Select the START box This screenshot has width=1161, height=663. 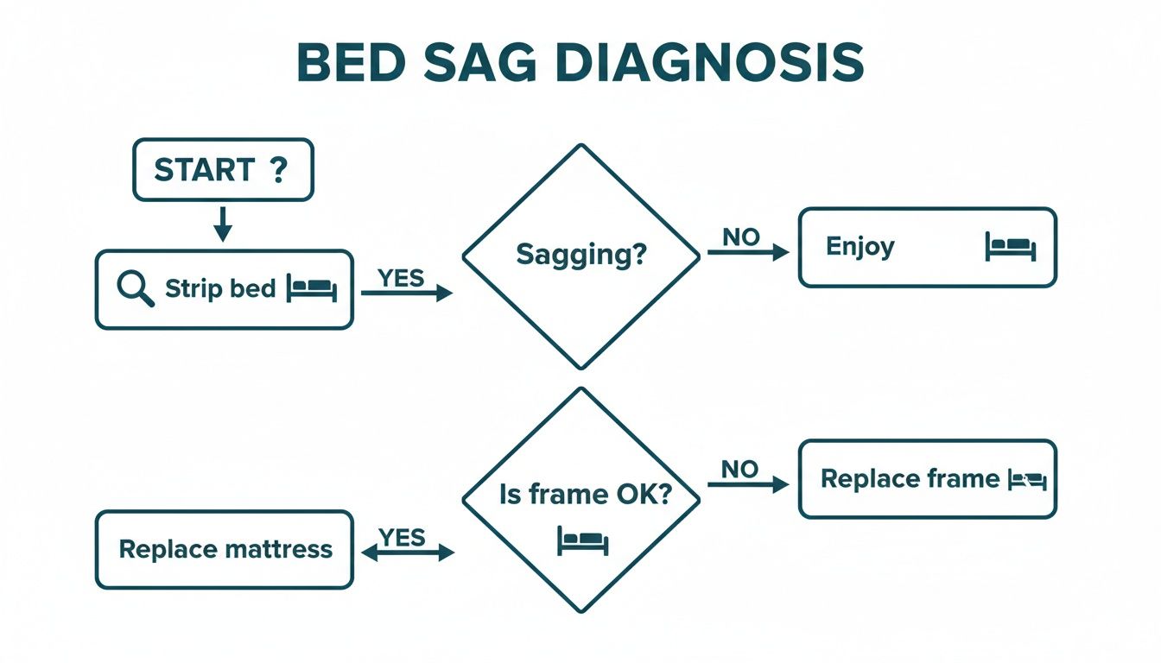coord(223,170)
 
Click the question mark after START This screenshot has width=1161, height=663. coord(277,169)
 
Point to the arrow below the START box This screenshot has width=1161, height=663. coord(223,224)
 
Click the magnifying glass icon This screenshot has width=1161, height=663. coord(135,288)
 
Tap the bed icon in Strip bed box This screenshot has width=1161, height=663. coord(312,288)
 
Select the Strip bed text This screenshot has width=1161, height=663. coord(220,288)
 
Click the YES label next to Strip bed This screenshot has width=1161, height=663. coord(402,277)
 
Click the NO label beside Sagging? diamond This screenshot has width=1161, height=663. coord(740,237)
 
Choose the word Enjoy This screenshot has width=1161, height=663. coord(860,247)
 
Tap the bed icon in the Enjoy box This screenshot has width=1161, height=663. coord(1010,247)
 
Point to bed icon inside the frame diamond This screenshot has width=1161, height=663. coord(583,540)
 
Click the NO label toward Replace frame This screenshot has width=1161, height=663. coord(740,469)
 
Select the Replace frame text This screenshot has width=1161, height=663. coord(910,478)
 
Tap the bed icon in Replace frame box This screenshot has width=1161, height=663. coord(1028,480)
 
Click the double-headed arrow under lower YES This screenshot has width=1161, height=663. coord(407,553)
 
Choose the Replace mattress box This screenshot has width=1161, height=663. coord(224,549)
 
